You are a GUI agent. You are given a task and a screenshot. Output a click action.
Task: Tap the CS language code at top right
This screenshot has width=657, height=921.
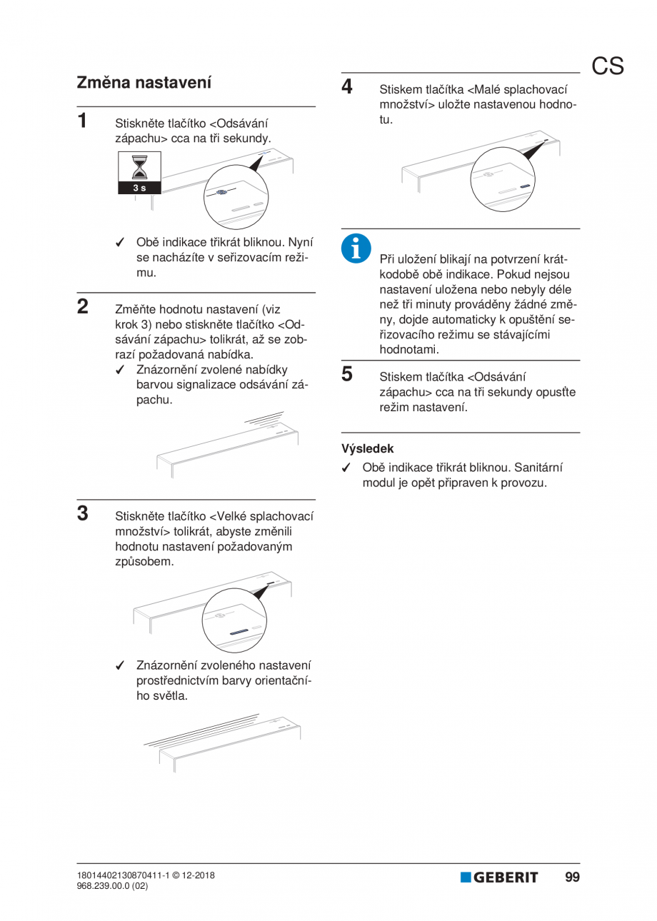pyautogui.click(x=607, y=66)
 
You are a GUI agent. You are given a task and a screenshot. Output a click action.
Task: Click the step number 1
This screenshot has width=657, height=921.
pyautogui.click(x=83, y=120)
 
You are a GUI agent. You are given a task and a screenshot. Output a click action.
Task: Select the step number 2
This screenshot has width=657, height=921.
pyautogui.click(x=83, y=307)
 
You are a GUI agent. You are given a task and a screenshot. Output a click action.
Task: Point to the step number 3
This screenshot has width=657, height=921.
pyautogui.click(x=83, y=513)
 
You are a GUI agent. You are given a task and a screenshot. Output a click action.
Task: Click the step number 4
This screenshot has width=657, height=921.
pyautogui.click(x=347, y=86)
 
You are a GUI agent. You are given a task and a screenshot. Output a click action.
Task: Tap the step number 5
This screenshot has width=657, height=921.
pyautogui.click(x=347, y=373)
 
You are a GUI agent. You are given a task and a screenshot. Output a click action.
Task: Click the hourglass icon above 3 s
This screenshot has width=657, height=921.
pyautogui.click(x=139, y=168)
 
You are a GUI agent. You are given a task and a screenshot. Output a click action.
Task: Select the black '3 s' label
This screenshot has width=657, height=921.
pyautogui.click(x=139, y=188)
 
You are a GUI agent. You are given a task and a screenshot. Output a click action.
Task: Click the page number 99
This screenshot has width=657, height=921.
pyautogui.click(x=572, y=877)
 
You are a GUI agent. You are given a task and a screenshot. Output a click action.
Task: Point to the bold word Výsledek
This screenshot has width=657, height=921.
pyautogui.click(x=367, y=449)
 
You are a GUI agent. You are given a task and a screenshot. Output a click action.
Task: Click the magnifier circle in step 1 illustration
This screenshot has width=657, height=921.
pyautogui.click(x=236, y=196)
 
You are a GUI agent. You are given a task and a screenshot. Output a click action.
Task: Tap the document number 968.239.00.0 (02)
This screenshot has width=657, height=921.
pyautogui.click(x=112, y=886)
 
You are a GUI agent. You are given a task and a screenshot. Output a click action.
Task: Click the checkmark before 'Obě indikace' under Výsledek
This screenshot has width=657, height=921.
pyautogui.click(x=346, y=468)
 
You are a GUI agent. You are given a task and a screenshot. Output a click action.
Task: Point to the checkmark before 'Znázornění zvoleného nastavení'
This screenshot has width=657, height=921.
pyautogui.click(x=121, y=665)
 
